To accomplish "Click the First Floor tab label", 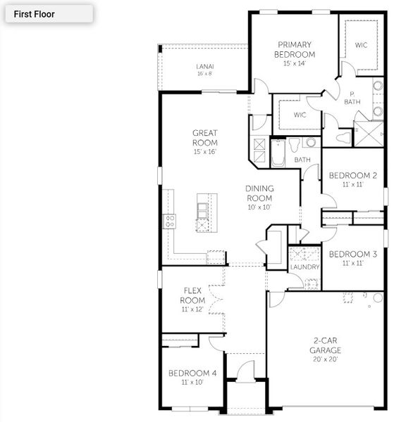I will click(34, 13).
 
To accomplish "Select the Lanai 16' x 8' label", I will click(204, 69).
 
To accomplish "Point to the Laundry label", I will click(305, 267).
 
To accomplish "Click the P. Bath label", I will click(352, 98).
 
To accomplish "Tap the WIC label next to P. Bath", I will click(361, 45).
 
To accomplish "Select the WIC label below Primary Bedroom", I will click(300, 115).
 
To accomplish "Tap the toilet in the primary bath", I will click(345, 136).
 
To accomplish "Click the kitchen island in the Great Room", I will click(203, 212).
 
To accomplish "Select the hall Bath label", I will click(302, 160).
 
